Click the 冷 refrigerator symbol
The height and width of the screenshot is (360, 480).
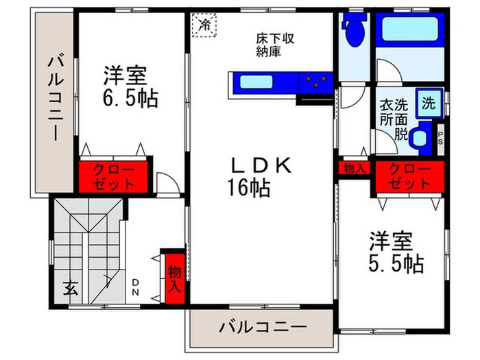[x=205, y=24]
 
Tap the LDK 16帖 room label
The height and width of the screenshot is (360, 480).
[x=261, y=176]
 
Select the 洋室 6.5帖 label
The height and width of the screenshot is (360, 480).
[x=130, y=86]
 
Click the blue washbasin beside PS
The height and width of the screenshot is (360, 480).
[x=420, y=136]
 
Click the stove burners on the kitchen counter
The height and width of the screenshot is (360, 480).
[x=315, y=82]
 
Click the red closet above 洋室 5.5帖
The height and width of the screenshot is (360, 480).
[x=409, y=177]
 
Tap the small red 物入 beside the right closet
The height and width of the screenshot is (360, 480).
[x=354, y=168]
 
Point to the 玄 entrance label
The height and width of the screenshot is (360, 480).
[x=70, y=288]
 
